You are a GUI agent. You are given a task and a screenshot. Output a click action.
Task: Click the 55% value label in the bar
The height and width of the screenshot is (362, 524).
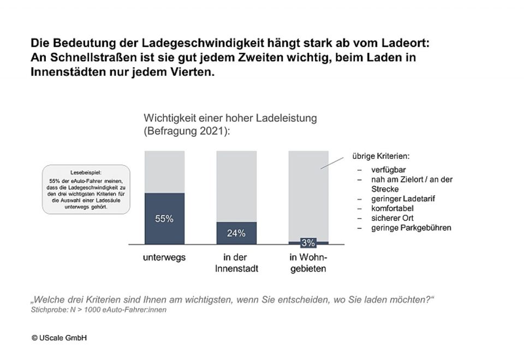point(164,219)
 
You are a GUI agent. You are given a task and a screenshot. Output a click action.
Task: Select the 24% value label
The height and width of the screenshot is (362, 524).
point(236,233)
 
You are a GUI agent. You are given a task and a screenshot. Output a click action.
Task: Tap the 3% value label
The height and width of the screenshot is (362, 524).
point(308,243)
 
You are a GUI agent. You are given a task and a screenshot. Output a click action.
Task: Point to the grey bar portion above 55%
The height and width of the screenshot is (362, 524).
point(164,171)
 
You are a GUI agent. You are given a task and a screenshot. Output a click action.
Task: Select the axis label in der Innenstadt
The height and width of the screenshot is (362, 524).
point(236,263)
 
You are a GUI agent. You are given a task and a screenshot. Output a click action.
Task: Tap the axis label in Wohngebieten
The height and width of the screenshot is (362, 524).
point(308,263)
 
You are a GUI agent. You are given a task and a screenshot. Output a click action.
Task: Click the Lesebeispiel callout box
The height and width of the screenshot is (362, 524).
point(86,189)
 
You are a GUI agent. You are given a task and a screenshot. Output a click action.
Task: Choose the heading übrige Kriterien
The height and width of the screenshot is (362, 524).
point(380,156)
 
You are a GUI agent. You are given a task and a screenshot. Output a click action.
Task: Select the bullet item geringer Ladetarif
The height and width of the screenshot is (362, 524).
point(396,198)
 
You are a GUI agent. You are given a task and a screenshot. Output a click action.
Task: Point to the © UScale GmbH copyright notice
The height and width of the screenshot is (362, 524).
point(59,338)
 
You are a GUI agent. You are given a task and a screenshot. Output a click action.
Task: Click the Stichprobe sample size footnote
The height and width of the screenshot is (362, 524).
point(98,310)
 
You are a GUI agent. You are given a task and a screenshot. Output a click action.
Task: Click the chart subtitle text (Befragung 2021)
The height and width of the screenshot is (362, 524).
point(186,131)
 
